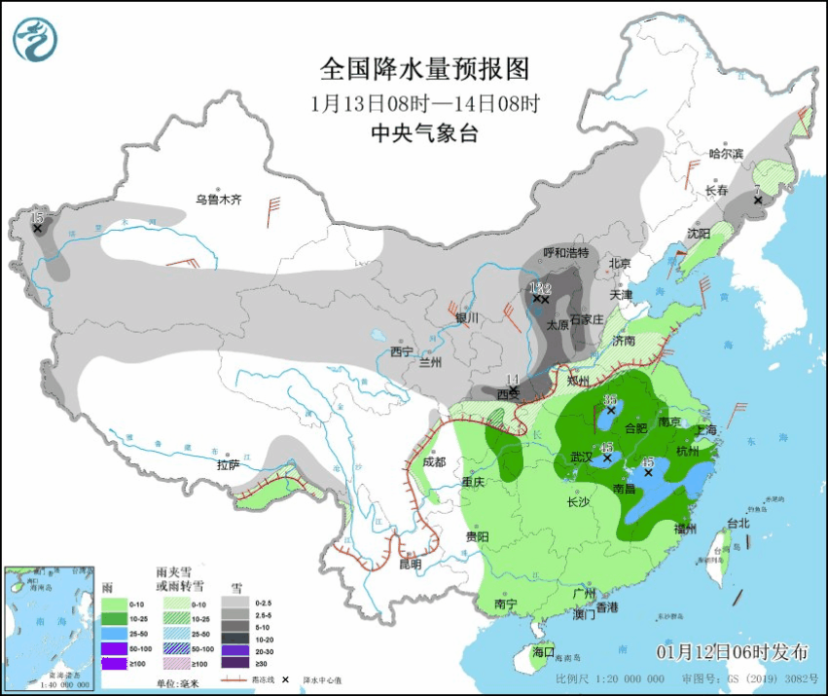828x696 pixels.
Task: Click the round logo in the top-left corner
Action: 35,39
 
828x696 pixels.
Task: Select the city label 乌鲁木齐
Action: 217,201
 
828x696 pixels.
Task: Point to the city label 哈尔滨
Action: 726,154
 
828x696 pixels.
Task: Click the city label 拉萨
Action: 228,465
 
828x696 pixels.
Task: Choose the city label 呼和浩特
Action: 565,253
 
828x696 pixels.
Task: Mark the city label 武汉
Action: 582,458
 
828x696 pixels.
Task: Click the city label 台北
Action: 738,523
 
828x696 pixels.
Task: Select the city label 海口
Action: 543,651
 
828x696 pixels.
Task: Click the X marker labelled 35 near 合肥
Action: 611,412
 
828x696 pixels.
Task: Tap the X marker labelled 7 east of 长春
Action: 758,201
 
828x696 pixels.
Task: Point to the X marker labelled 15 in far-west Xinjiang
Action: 37,228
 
